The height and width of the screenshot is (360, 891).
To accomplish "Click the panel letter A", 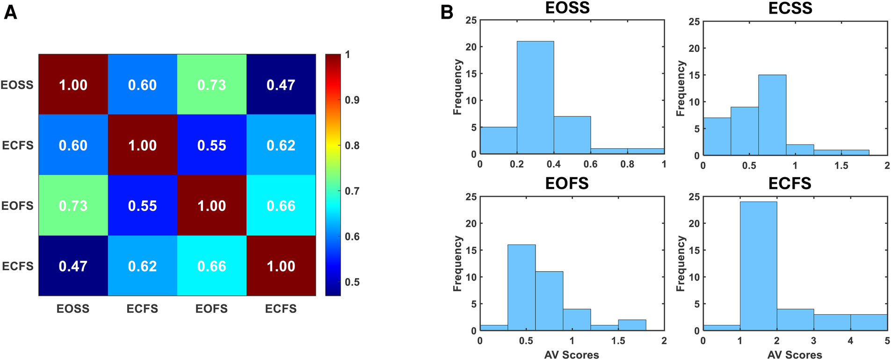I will [10, 12].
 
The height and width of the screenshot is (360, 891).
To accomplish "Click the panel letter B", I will [447, 12].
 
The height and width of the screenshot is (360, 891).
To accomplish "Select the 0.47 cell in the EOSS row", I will [281, 85].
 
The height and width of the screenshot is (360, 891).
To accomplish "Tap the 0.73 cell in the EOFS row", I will [73, 206].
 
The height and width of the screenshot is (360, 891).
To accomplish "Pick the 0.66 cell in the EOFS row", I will [281, 206].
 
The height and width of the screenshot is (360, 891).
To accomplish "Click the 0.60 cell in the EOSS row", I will [142, 85].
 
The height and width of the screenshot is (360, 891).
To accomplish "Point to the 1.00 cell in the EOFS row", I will [211, 206].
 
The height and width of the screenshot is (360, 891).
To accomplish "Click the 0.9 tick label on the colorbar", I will [352, 100].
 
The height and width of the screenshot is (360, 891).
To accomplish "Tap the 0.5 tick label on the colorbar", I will [352, 282].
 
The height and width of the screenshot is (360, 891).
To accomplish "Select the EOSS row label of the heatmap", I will [17, 85].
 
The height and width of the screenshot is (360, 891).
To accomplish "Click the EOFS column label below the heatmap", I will [211, 309].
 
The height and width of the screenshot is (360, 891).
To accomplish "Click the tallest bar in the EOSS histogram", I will [535, 97].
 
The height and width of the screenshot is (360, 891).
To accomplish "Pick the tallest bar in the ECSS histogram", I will [772, 115].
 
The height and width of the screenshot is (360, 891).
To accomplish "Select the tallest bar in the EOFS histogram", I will [522, 287].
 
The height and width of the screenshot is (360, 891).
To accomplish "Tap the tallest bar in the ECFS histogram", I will [758, 266].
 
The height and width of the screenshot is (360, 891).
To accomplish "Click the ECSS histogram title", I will [790, 8].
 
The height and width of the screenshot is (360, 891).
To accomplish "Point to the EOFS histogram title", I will [566, 183].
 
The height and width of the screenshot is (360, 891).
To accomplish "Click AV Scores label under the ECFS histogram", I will [794, 355].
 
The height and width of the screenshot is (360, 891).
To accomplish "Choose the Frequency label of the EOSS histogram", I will [457, 87].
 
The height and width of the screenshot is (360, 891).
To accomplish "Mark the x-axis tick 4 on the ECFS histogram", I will [850, 341].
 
